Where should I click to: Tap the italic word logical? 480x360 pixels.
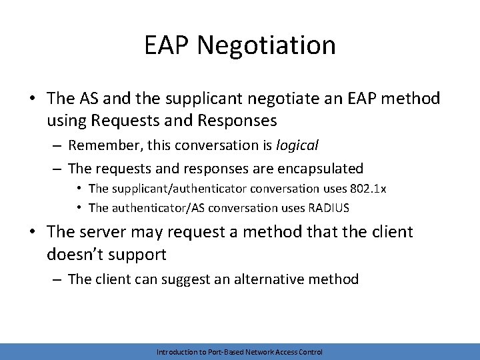297,145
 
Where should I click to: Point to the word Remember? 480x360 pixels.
101,145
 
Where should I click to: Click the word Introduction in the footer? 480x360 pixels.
179,351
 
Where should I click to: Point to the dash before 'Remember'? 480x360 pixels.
57,145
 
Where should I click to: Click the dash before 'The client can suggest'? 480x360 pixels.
57,279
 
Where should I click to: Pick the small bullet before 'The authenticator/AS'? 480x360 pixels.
80,207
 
